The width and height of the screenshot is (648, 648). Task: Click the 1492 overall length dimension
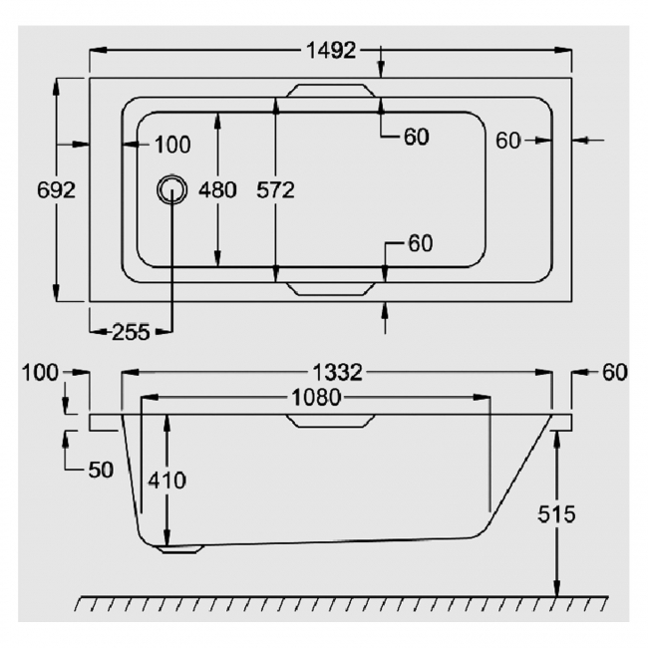point(331,51)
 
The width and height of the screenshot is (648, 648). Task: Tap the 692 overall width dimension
point(56,190)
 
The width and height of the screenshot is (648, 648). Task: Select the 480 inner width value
point(217,190)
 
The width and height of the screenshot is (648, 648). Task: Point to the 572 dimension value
point(275,190)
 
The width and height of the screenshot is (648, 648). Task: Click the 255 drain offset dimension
point(131,332)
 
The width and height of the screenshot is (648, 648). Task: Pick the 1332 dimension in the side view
point(338,373)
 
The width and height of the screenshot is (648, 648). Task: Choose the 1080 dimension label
point(317,398)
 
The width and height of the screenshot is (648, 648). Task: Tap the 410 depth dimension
point(166,481)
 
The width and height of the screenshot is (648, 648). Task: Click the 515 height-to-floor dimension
point(556,515)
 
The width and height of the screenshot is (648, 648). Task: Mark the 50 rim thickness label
point(101,470)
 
